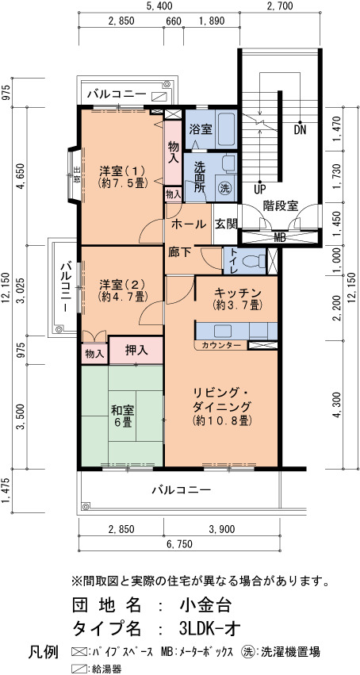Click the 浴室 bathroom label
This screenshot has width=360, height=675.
(x=200, y=128)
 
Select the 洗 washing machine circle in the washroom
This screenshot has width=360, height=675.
(x=224, y=187)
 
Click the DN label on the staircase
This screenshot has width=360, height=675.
(x=301, y=130)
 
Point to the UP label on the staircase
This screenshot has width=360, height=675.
(x=260, y=189)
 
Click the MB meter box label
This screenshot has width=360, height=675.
(x=280, y=237)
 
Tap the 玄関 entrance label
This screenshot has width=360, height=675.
(x=226, y=224)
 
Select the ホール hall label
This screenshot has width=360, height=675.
(x=189, y=224)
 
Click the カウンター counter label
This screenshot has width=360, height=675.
(x=220, y=345)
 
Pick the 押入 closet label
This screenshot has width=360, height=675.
(x=136, y=351)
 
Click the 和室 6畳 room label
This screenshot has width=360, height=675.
(x=122, y=415)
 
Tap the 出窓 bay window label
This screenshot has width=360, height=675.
(x=75, y=175)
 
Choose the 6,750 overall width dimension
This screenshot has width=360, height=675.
(x=179, y=543)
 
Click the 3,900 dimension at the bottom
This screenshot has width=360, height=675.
(x=222, y=529)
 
